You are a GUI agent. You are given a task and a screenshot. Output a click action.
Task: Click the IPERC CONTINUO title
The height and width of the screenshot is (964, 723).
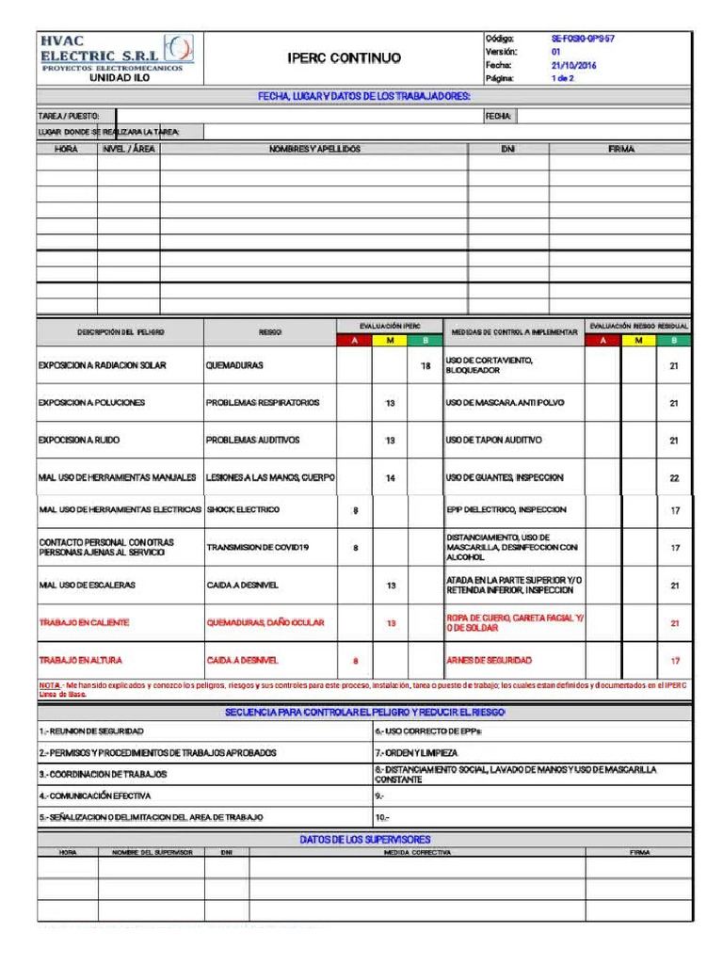(x=344, y=58)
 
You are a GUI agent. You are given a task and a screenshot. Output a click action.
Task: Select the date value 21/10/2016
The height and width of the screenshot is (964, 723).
(x=574, y=66)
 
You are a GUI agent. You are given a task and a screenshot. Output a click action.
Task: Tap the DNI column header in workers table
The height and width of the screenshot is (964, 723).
(x=507, y=150)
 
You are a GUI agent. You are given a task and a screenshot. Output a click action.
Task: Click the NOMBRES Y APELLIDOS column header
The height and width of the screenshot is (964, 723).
(x=313, y=150)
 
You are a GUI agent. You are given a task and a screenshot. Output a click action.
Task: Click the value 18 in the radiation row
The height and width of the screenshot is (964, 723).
(x=425, y=365)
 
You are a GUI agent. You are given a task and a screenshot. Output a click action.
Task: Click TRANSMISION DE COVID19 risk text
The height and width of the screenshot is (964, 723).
(x=258, y=547)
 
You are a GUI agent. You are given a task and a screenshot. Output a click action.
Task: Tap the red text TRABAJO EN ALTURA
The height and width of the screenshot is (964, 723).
(x=80, y=660)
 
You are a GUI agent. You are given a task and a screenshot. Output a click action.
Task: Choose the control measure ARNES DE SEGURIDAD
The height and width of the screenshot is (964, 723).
(x=489, y=660)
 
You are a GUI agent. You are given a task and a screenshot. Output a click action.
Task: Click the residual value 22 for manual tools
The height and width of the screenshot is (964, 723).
(x=674, y=478)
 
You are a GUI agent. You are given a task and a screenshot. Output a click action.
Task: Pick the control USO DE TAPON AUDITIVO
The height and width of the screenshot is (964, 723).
(x=493, y=440)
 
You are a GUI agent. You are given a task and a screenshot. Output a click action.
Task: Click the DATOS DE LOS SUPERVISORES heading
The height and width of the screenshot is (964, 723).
(x=364, y=839)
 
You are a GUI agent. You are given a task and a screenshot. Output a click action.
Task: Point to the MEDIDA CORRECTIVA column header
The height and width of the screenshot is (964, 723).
(x=417, y=852)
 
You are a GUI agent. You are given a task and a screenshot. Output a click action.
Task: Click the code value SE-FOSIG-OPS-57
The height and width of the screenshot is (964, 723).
(x=583, y=39)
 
